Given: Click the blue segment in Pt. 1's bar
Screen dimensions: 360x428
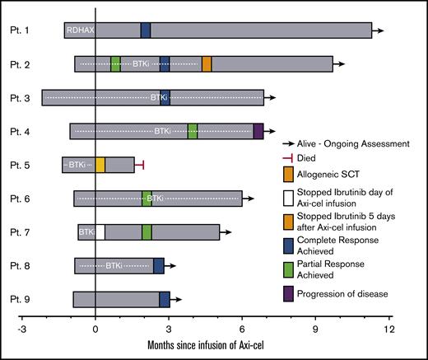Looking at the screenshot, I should click(x=146, y=30).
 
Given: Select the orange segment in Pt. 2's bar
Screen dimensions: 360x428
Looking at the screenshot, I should click(x=207, y=64).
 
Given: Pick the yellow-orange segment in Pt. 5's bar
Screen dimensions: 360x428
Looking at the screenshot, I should click(x=100, y=165).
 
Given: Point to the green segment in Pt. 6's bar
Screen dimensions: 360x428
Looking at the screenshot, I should click(x=147, y=199).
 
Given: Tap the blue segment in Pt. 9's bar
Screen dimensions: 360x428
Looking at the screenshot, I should click(x=165, y=299).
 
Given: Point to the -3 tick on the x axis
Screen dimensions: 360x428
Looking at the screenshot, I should click(x=23, y=327).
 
